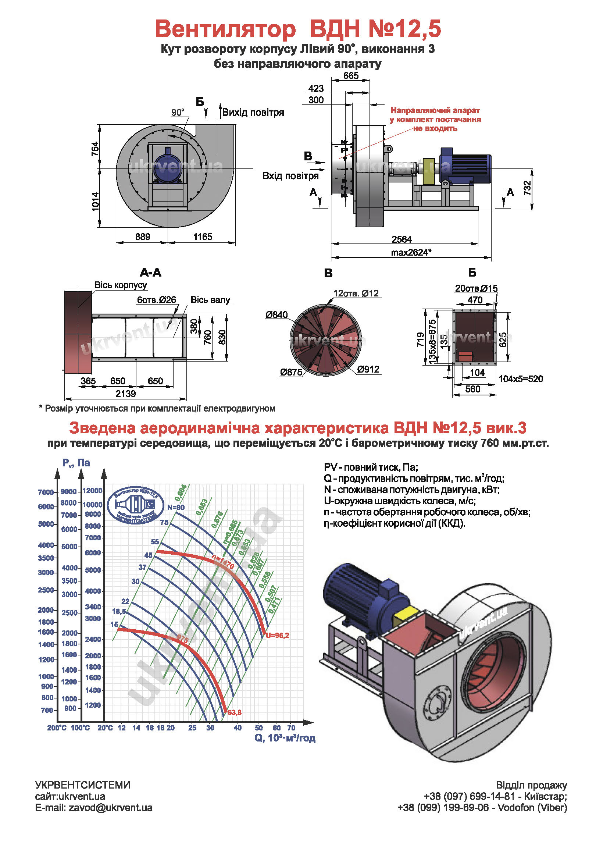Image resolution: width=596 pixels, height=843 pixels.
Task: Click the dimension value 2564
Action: pos(402,239)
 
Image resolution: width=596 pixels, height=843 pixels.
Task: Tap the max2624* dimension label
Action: pos(411,253)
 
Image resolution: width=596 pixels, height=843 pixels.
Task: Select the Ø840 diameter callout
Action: pos(276,315)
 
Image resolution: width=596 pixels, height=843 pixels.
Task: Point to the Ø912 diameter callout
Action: pos(368,369)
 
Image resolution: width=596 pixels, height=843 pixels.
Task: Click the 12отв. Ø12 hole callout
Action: pos(356,294)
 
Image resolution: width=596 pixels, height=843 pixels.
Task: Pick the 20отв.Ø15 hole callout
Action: pos(476,288)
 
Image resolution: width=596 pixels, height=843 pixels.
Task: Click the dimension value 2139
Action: pos(126,394)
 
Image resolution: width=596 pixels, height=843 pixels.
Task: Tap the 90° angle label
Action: pos(178,113)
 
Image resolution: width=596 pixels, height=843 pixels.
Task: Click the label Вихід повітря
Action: pos(253,113)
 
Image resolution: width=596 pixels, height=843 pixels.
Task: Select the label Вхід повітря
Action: pos(290,176)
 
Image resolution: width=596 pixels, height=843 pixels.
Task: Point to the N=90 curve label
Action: pos(176,508)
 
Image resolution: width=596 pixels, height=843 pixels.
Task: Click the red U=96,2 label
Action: pos(278,636)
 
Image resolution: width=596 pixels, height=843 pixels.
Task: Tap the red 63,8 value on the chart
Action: pos(235,712)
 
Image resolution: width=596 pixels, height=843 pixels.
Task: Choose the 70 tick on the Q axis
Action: pos(291,728)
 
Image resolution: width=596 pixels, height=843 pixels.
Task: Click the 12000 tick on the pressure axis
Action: pos(92,491)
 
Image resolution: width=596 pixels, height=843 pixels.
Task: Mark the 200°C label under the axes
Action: pos(57,728)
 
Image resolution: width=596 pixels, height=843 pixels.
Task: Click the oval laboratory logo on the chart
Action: pos(135,505)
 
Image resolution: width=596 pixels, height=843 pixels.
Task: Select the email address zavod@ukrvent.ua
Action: pos(110,808)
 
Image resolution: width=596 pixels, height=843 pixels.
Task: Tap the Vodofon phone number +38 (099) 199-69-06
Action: pos(443,808)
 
